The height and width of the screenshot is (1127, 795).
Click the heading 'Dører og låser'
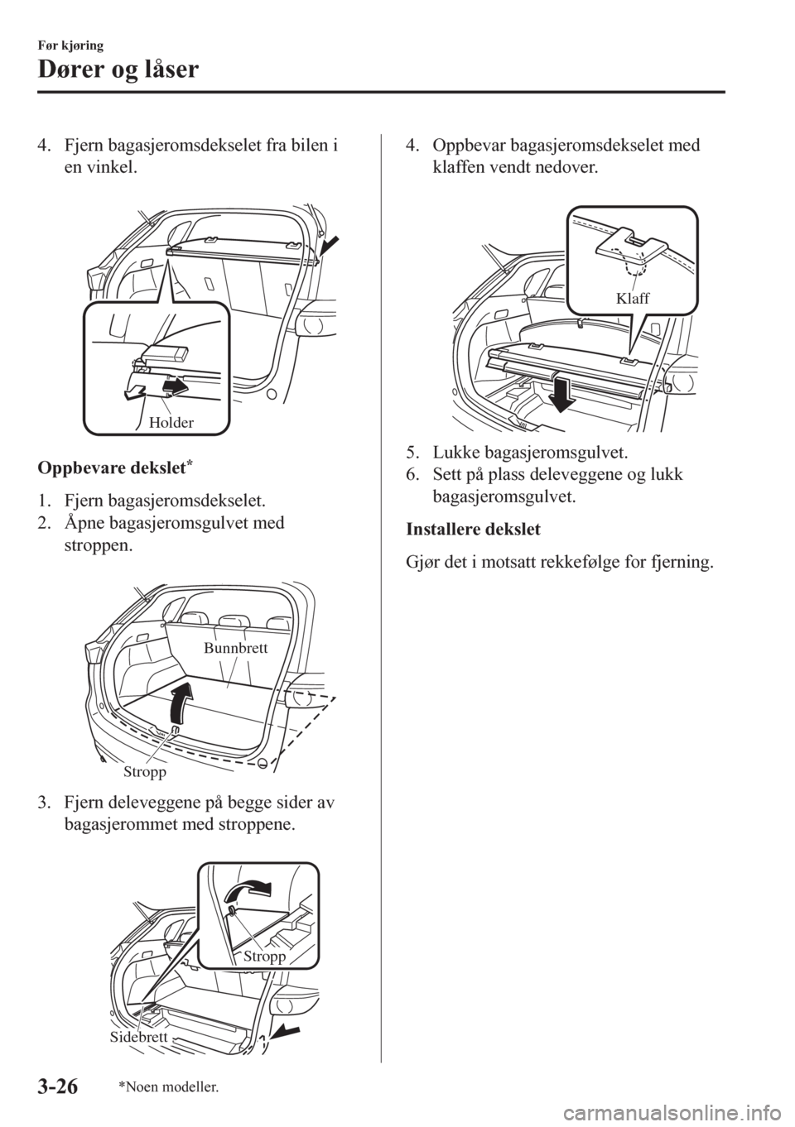coord(118,70)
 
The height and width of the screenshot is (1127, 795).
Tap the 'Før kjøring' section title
coord(71,46)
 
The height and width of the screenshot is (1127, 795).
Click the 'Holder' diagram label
coord(171,423)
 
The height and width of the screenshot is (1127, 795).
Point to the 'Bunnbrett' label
coord(236,649)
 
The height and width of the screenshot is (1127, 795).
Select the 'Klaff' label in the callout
coord(632,299)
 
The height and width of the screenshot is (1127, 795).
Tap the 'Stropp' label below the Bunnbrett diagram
coord(144,772)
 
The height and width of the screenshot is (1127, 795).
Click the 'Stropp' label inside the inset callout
coord(264,957)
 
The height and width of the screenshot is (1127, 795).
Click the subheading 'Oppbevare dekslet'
coord(114,468)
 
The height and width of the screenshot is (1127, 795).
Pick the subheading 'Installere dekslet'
coord(474,530)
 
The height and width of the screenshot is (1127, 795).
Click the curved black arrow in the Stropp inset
coord(248,892)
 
